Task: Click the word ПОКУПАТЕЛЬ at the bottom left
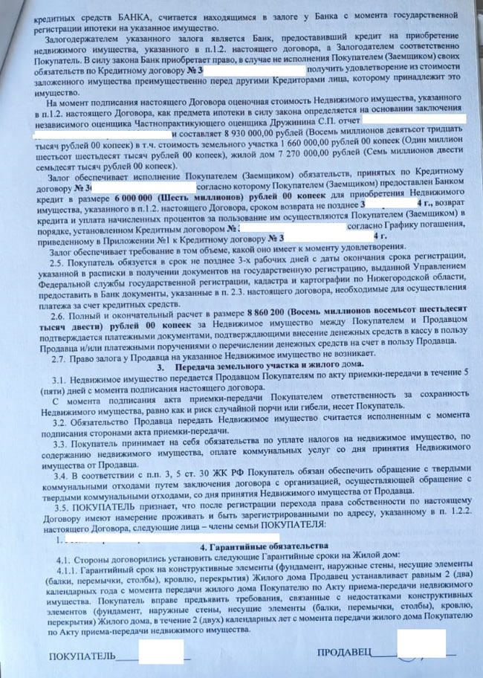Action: pyautogui.click(x=82, y=656)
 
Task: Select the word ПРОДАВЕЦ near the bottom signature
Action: pyautogui.click(x=343, y=652)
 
